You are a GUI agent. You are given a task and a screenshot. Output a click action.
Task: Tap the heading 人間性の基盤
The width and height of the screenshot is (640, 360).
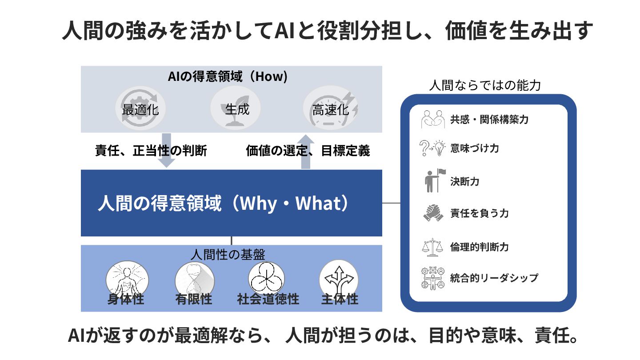[x=228, y=254]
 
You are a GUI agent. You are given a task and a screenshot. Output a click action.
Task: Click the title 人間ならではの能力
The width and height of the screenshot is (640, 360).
[x=485, y=85]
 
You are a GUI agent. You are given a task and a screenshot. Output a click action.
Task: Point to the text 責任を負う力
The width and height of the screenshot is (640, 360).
[x=479, y=213]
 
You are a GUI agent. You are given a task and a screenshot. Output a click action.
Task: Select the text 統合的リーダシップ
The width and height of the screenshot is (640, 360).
[x=494, y=278]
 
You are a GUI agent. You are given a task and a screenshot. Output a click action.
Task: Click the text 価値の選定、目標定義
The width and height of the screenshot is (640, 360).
[x=308, y=151]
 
